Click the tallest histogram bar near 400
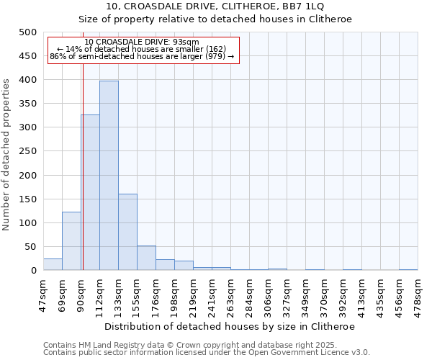(109, 176)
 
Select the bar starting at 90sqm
(90, 192)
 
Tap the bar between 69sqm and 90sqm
(71, 241)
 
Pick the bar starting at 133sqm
(127, 232)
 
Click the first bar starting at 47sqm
(53, 264)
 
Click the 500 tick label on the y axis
(27, 32)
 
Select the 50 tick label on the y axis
(30, 247)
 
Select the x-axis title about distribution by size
(230, 326)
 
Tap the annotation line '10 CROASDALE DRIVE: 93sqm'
(142, 42)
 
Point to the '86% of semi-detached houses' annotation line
(142, 56)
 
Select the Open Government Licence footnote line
(207, 352)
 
